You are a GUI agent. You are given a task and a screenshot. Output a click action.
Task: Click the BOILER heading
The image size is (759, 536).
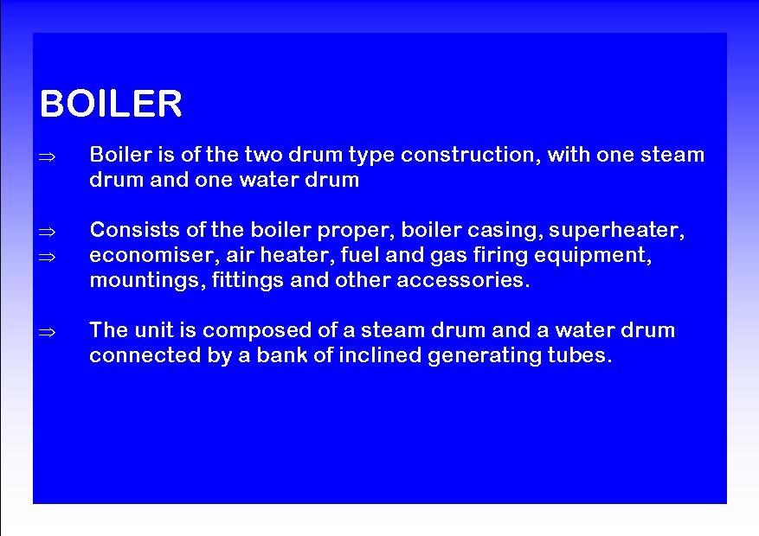click(x=111, y=104)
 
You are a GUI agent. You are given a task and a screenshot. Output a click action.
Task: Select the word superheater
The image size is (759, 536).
click(x=617, y=231)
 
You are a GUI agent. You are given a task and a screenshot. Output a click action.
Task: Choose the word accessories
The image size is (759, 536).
click(x=463, y=280)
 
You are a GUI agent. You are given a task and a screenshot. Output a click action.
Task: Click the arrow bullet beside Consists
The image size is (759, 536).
click(x=47, y=232)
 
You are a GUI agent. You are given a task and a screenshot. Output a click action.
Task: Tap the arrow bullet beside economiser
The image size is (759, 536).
click(x=47, y=257)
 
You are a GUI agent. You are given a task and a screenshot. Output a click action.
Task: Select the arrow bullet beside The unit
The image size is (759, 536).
click(x=47, y=333)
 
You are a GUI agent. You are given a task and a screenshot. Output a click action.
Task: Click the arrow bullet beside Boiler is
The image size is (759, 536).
click(x=47, y=156)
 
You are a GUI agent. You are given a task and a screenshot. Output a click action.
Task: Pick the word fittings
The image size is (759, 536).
click(x=248, y=281)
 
